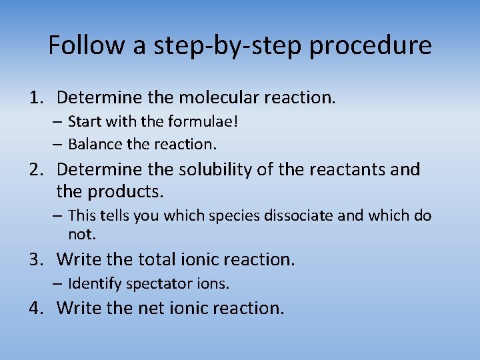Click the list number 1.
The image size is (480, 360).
click(x=35, y=98)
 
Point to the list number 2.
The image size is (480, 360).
click(x=35, y=170)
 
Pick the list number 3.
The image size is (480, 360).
click(x=35, y=259)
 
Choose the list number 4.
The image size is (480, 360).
click(x=35, y=308)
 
